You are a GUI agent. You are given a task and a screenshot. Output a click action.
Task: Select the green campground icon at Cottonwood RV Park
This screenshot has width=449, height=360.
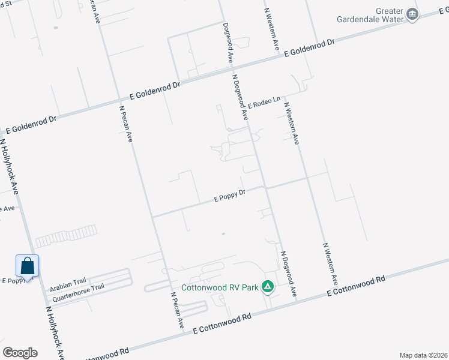coord(268,287)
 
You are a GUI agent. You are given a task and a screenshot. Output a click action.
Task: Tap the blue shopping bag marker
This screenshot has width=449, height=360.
coord(28,266)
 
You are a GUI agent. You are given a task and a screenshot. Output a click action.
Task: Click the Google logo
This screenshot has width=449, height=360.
coord(20,352)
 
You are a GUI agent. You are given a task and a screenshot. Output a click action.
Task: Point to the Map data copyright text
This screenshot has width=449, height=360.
coord(423,355)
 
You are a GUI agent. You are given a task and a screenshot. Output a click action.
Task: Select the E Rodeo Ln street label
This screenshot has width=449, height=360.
coord(264,103)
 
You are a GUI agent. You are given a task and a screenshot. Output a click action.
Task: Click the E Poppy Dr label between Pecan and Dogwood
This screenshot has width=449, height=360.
coord(231,196)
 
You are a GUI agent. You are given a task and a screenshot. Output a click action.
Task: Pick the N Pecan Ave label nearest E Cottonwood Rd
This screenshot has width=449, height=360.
coord(176,310)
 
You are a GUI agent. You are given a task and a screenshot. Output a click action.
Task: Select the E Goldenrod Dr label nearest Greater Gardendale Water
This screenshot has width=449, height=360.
coord(309,49)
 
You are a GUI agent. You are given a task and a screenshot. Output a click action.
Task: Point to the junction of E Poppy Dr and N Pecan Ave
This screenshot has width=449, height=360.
coord(151,217)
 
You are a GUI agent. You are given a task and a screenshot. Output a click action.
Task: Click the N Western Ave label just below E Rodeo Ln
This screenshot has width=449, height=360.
coord(292,123)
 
